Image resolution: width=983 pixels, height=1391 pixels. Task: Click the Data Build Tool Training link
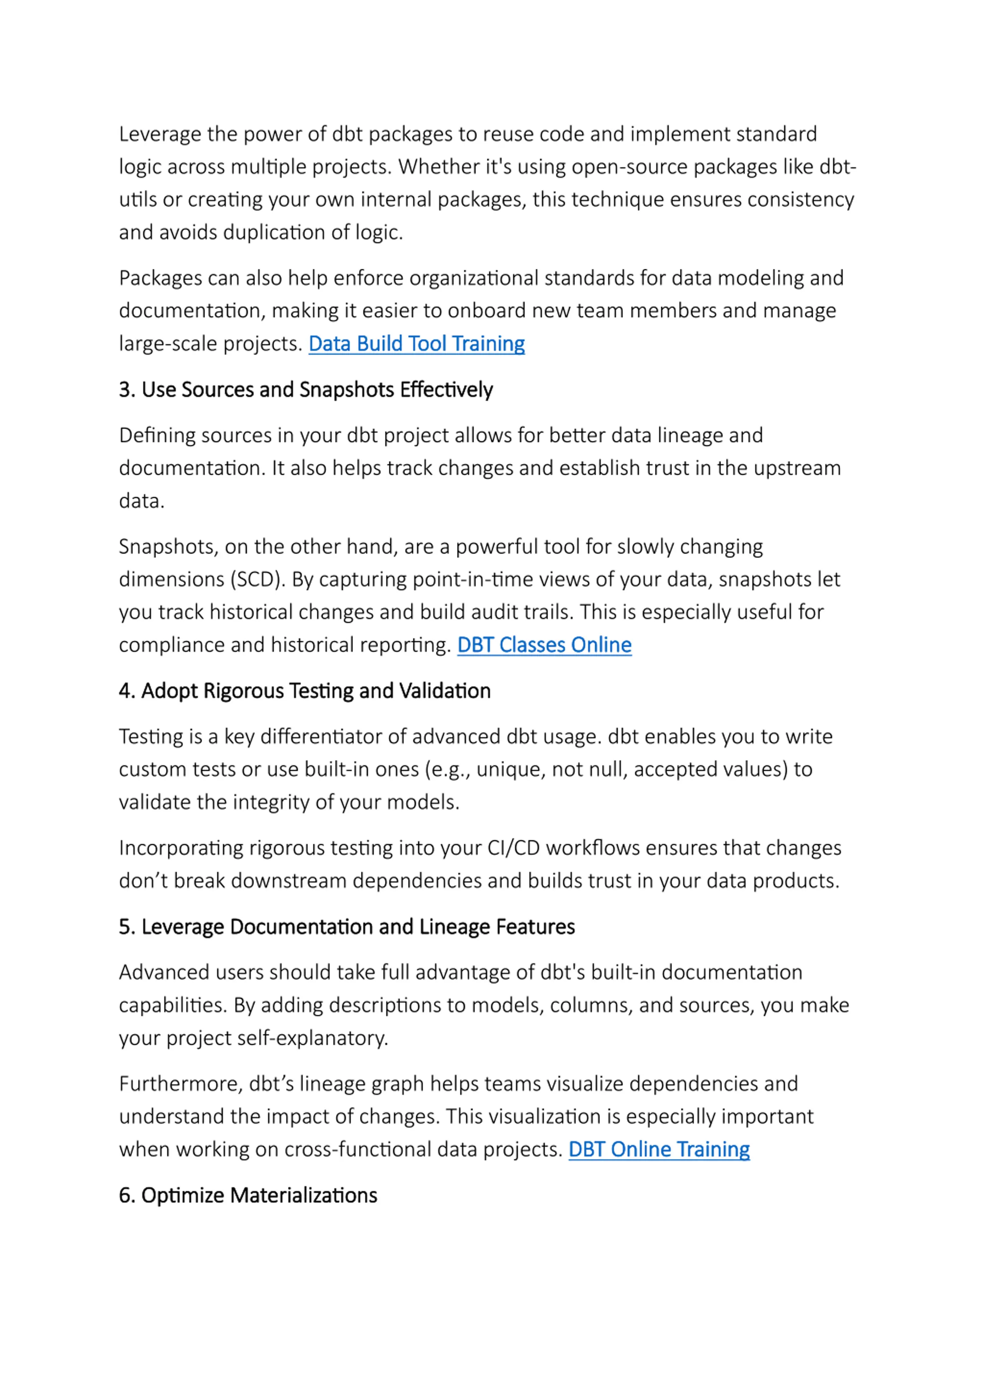[x=416, y=343]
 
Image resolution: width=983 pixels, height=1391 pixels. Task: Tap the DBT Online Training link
[x=659, y=1149]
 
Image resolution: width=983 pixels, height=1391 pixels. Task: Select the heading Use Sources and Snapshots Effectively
[x=306, y=390]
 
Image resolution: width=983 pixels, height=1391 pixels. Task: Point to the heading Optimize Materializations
[x=248, y=1195]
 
